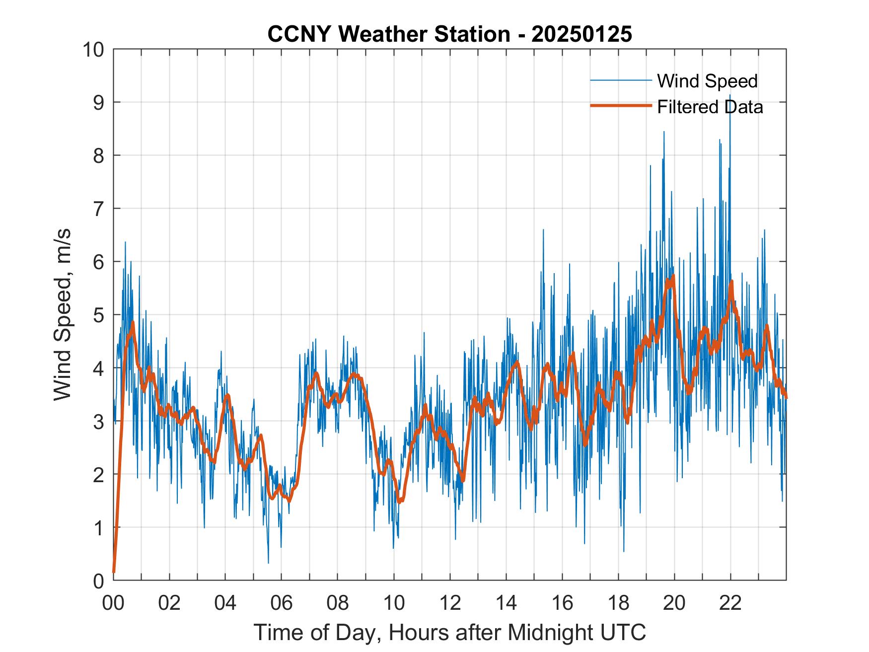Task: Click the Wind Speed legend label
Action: (707, 81)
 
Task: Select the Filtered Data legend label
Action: (710, 107)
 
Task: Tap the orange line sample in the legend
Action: (621, 106)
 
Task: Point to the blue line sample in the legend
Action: (621, 80)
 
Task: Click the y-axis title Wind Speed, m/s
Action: (63, 314)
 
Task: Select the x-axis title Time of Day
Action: (449, 632)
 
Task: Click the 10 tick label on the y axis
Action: (94, 50)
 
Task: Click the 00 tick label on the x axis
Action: (113, 603)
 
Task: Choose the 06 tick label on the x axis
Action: (282, 603)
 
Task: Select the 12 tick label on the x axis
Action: (450, 603)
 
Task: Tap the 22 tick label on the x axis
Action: (730, 603)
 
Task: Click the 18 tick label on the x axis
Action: (618, 603)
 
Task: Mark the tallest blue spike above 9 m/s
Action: (730, 96)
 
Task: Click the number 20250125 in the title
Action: (581, 34)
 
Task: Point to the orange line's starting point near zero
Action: (114, 572)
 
